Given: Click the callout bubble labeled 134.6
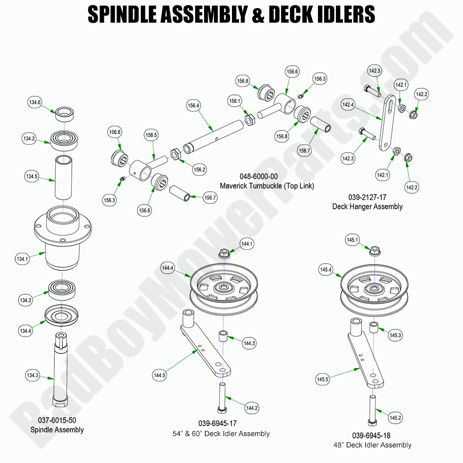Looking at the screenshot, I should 35,102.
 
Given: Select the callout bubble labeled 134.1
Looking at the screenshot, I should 22,258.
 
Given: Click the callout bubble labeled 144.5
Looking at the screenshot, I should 160,375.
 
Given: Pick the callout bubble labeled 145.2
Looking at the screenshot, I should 395,417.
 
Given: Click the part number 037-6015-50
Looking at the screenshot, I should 57,420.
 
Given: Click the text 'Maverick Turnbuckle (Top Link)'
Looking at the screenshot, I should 267,186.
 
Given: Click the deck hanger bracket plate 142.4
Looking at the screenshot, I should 387,123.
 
